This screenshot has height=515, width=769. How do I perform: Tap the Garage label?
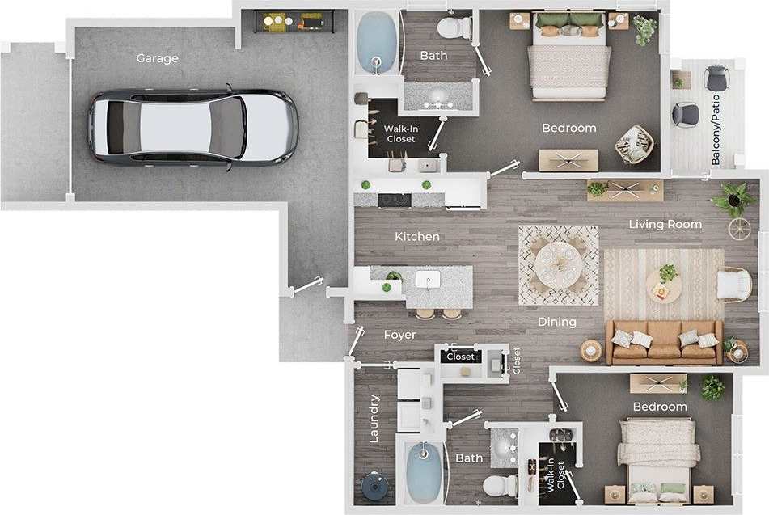[x=157, y=58]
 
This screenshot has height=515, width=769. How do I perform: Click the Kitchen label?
[x=417, y=237]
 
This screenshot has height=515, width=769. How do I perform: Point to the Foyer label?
[x=399, y=334]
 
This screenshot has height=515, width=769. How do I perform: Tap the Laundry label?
[x=374, y=419]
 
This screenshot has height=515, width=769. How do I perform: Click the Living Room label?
[x=665, y=224]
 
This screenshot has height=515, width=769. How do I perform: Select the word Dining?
[x=557, y=322]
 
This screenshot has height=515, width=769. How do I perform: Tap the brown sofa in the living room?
[x=664, y=341]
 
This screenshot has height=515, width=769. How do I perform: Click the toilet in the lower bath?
[x=500, y=486]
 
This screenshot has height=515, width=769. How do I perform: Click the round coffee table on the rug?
[x=663, y=285]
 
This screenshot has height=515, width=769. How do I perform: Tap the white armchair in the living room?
[x=733, y=284]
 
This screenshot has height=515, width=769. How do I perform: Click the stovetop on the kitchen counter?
[x=394, y=199]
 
